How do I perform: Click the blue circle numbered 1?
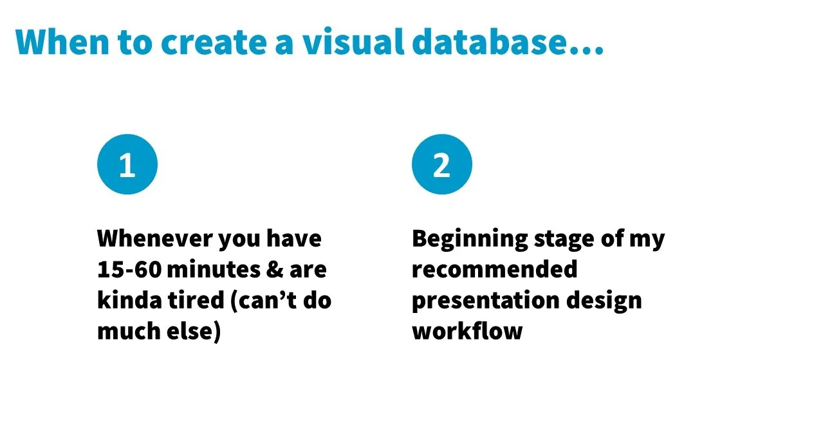tap(127, 164)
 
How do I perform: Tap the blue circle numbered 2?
tap(441, 164)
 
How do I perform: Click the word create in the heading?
tap(218, 42)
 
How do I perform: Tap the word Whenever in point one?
tap(154, 239)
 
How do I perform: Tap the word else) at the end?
tap(192, 332)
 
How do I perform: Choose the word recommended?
tap(494, 270)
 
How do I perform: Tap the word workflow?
tap(467, 332)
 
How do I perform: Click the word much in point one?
tap(126, 332)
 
